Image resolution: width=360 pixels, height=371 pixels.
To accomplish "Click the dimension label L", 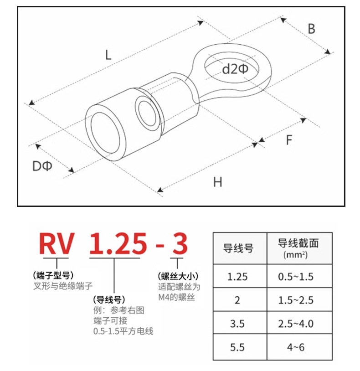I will click(108, 55).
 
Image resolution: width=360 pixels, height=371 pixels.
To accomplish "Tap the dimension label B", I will click(311, 29).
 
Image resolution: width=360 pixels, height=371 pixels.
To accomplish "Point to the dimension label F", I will click(288, 140).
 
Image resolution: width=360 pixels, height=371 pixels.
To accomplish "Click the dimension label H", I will click(218, 182).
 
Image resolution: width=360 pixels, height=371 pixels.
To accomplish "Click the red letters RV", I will click(57, 244).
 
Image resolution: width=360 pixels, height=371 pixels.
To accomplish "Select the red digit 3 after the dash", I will click(179, 244).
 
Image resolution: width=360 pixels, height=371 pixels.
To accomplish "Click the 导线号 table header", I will click(238, 248).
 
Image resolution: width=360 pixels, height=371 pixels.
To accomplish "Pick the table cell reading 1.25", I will click(238, 276).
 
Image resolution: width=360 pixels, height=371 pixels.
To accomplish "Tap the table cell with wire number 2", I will click(238, 300).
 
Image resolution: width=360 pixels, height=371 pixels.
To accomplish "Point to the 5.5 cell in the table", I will click(238, 347).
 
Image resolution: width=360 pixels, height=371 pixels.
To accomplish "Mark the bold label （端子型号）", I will click(53, 275).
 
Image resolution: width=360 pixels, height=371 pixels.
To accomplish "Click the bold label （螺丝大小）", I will click(179, 276).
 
